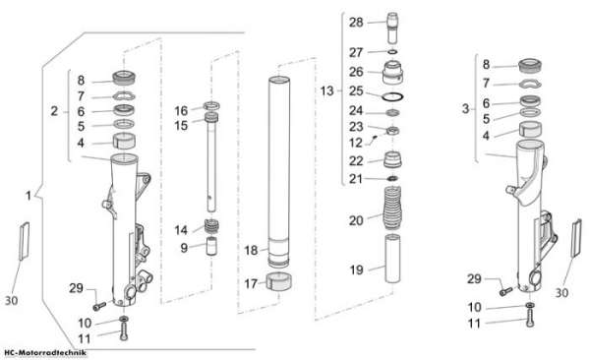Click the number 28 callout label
(x=356, y=23)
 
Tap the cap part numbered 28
(x=392, y=28)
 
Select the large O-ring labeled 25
(x=392, y=96)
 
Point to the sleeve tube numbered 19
(x=392, y=259)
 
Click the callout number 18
(x=251, y=250)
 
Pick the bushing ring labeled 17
(x=279, y=282)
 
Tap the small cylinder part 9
(x=212, y=246)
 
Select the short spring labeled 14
(x=211, y=226)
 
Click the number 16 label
(x=181, y=111)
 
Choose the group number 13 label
(x=327, y=90)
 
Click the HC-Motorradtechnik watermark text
(x=45, y=353)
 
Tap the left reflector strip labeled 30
(x=24, y=241)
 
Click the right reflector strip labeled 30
(x=576, y=238)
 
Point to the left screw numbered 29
(x=99, y=306)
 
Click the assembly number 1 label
(x=29, y=196)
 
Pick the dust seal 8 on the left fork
(x=124, y=78)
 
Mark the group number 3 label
(x=465, y=109)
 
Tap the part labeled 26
(x=392, y=73)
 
